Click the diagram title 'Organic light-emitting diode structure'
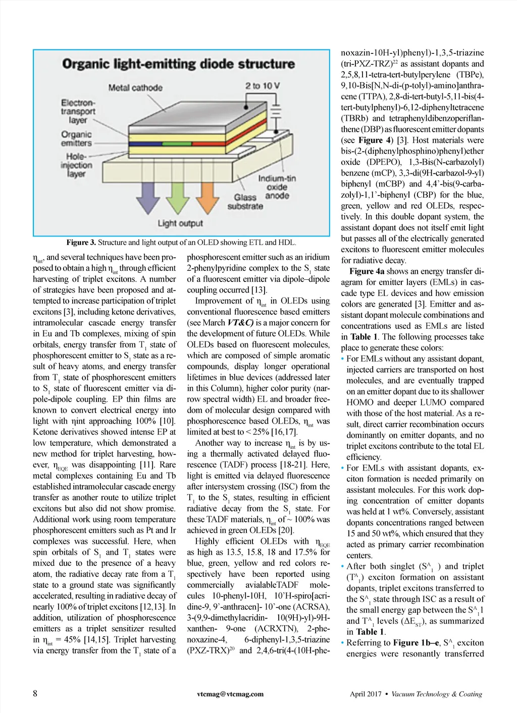click(178, 64)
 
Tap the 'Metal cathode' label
click(135, 88)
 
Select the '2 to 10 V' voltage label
click(263, 86)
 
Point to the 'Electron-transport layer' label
click(78, 111)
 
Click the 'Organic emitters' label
click(76, 139)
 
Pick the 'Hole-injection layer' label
click(76, 165)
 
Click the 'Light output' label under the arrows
click(180, 223)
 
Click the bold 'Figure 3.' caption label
click(81, 243)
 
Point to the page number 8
click(35, 693)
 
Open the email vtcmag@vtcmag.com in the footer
click(230, 694)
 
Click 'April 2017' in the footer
click(366, 694)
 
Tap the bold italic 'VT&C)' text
click(240, 323)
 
